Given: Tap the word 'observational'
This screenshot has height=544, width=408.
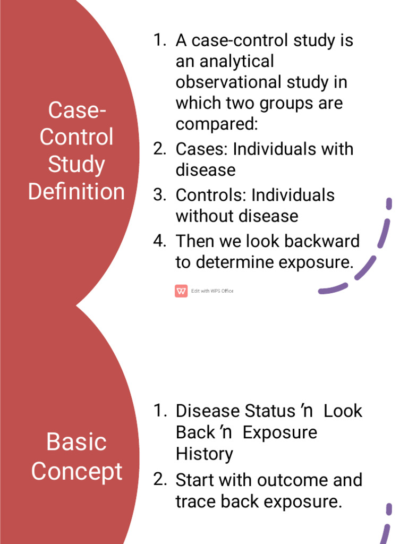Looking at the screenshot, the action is (228, 82).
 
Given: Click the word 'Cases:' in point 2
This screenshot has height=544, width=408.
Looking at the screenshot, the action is (201, 149).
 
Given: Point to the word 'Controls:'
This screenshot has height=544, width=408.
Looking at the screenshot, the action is (211, 195).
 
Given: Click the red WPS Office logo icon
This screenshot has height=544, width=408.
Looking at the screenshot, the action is (181, 291).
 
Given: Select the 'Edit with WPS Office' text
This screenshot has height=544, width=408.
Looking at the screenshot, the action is (212, 291).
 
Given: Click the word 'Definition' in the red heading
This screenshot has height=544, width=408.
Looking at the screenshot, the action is (76, 191).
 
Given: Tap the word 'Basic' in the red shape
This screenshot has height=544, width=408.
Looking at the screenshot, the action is (76, 442).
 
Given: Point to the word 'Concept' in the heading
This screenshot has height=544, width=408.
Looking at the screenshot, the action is (76, 472).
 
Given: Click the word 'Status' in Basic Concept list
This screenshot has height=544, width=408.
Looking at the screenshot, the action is (269, 411).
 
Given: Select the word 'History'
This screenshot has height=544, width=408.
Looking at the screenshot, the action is (205, 454).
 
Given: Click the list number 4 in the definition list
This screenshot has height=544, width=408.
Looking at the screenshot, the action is (159, 241).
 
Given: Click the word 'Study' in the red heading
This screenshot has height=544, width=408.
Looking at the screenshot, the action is (76, 165).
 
